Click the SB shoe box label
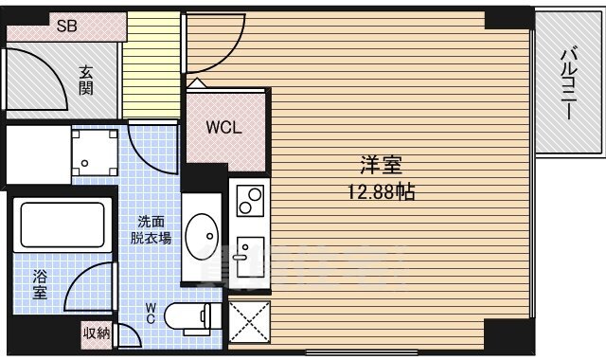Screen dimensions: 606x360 (x=67, y=26)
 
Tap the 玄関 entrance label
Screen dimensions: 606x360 (x=86, y=81)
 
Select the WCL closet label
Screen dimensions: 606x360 (x=223, y=127)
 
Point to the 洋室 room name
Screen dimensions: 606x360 (x=382, y=165)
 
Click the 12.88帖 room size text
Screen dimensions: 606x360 (x=382, y=191)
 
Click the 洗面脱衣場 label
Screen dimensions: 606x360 (x=151, y=229)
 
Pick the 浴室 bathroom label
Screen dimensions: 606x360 (x=40, y=284)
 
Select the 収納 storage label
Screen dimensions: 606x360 (x=97, y=333)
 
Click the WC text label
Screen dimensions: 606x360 (x=151, y=314)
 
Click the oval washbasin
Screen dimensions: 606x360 (x=202, y=237)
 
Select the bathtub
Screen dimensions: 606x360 (x=62, y=225)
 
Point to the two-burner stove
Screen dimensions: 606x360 (x=250, y=201)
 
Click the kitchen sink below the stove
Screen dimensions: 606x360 (x=250, y=257)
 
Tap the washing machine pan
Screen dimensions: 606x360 (x=95, y=153)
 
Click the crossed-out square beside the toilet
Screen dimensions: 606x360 (x=249, y=322)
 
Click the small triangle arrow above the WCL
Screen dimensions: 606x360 (x=197, y=82)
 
